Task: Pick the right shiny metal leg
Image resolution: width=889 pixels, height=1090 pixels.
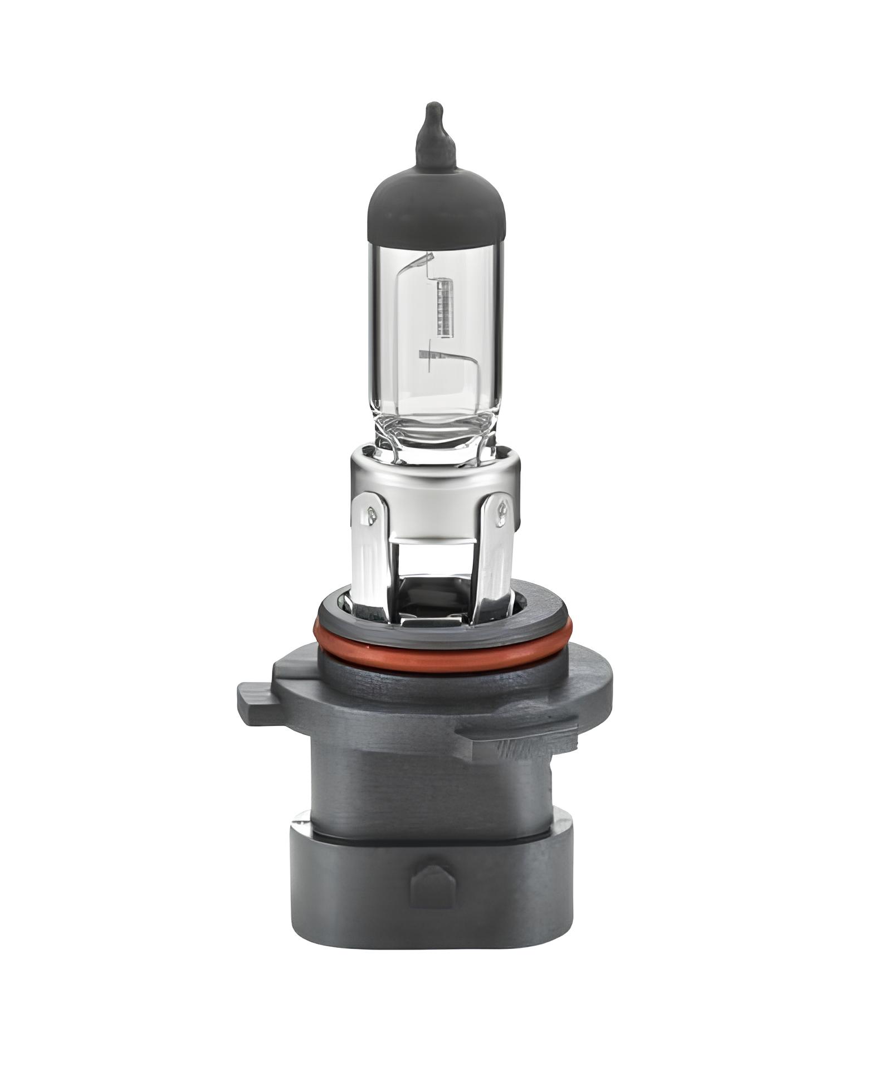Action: point(496,552)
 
